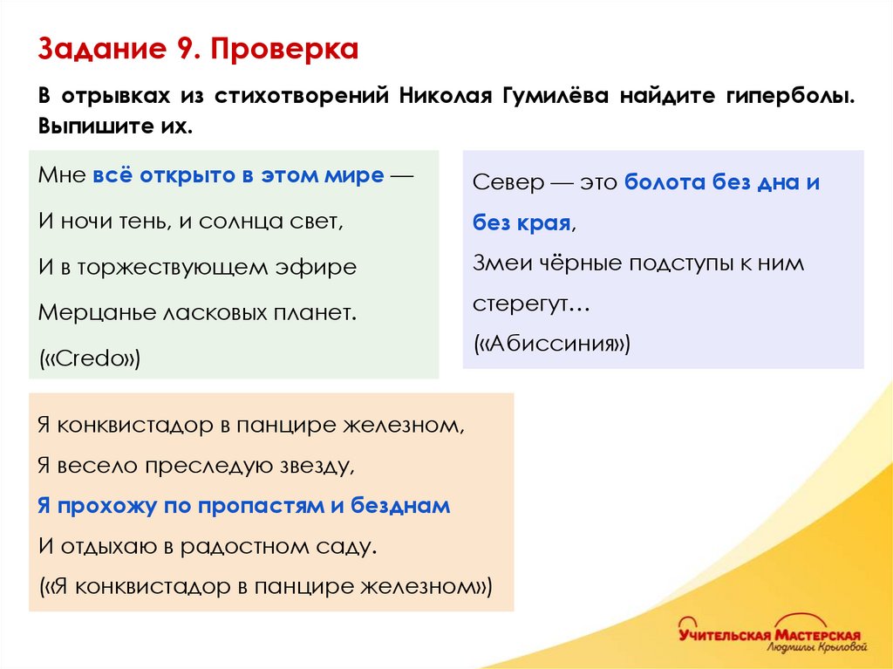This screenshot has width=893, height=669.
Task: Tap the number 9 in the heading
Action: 185,50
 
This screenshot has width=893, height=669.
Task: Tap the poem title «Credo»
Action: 90,358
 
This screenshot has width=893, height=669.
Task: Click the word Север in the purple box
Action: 508,183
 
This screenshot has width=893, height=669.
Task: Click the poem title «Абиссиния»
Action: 551,344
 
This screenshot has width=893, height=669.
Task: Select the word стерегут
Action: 521,304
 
